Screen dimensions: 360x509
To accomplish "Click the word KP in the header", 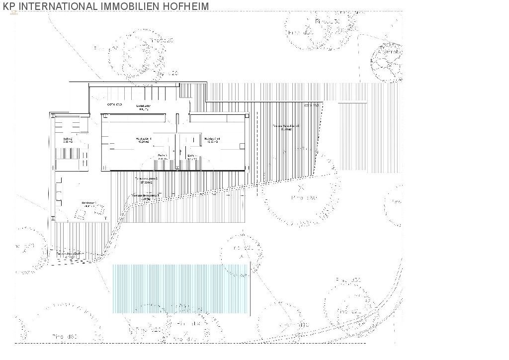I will [x=8, y=6].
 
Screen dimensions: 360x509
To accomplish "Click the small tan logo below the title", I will [x=13, y=13].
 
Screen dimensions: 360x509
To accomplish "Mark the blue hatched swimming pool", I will [x=180, y=288].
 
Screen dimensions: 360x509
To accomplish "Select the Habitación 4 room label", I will [x=212, y=140].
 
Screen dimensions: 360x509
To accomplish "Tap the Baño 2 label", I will [x=68, y=140].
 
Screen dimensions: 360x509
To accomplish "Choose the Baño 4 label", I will [x=192, y=157].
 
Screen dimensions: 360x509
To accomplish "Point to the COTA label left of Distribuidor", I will [x=114, y=105].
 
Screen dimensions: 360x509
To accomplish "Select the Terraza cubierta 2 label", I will [x=147, y=180].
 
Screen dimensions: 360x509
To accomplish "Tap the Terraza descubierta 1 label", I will [x=146, y=197].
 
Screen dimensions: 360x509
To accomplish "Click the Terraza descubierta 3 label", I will [x=286, y=128].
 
